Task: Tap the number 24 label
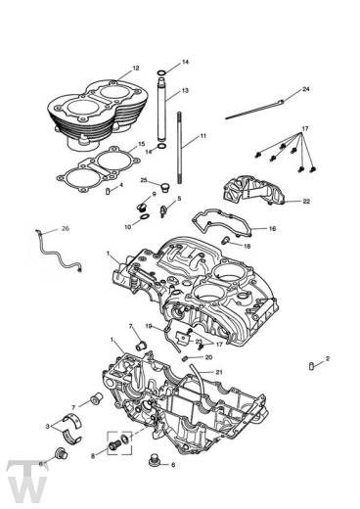tap(305, 90)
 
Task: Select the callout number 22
tap(305, 202)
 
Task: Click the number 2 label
tap(328, 358)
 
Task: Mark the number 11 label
tap(203, 135)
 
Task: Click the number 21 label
tap(219, 373)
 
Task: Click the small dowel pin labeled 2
tap(312, 368)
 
